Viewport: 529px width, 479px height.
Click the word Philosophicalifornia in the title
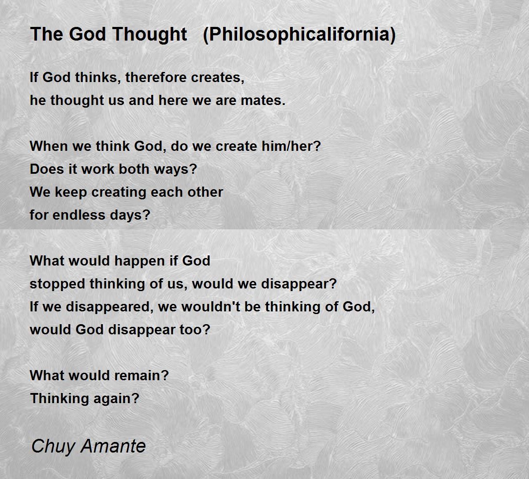(x=300, y=34)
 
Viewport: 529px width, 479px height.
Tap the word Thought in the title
(x=149, y=34)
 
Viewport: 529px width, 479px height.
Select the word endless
(x=79, y=215)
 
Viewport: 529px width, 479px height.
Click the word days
(x=127, y=215)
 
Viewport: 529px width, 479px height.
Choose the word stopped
(x=57, y=284)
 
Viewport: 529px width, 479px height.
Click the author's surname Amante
(x=113, y=446)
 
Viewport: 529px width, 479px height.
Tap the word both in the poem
(x=134, y=169)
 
